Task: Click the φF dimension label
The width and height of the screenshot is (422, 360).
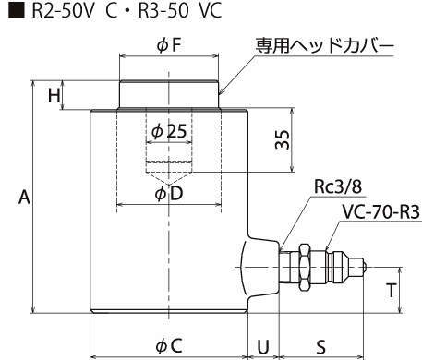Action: (x=169, y=45)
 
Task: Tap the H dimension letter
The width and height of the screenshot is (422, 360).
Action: (x=54, y=95)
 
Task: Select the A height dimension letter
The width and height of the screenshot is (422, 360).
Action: (x=24, y=198)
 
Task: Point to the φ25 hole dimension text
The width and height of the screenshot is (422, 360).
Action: (x=169, y=131)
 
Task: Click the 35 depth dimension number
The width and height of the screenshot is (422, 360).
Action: (x=283, y=140)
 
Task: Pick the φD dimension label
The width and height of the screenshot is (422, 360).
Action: (x=169, y=194)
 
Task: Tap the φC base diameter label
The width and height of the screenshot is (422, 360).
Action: (x=169, y=345)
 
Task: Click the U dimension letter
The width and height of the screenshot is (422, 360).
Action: (x=263, y=347)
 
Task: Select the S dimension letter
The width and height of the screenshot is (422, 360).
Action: (x=320, y=347)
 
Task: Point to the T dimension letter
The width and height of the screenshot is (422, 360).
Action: (x=392, y=290)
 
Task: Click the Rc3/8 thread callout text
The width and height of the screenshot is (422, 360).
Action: (x=338, y=186)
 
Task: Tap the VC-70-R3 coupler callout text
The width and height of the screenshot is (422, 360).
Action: (x=381, y=212)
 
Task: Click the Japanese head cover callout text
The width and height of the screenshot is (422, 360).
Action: (x=325, y=46)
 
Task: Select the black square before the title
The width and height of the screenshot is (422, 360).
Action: (x=17, y=10)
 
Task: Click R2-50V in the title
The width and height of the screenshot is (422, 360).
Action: (x=62, y=10)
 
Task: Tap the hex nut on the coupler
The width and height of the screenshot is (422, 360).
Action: (x=305, y=268)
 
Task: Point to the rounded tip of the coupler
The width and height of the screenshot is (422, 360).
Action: (x=364, y=267)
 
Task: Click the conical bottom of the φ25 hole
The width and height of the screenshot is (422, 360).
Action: (x=169, y=178)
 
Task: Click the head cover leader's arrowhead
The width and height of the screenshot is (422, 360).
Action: (x=221, y=91)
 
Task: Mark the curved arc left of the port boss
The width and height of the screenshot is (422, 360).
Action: (x=242, y=268)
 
